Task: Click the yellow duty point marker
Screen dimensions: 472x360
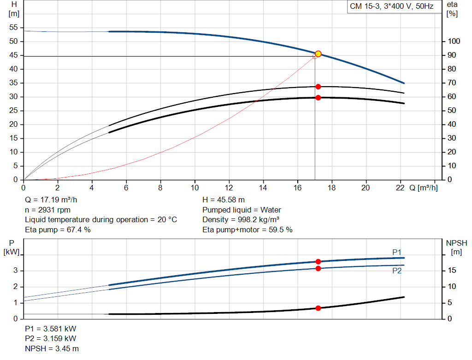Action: tap(318, 54)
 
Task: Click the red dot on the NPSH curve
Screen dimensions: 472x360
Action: tap(318, 308)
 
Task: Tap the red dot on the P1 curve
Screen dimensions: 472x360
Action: tap(318, 261)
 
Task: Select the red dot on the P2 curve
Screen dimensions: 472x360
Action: tap(318, 268)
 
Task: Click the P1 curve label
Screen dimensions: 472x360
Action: tap(397, 252)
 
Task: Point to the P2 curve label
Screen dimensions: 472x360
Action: tap(397, 271)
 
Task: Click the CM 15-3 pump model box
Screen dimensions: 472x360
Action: tap(392, 6)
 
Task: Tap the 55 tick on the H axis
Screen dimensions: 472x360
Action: tap(13, 27)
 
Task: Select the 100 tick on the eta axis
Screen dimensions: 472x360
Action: tap(454, 41)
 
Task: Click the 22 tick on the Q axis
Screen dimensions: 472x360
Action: tap(400, 188)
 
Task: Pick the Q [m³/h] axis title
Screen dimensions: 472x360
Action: tap(423, 188)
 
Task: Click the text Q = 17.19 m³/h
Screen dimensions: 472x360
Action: tap(51, 200)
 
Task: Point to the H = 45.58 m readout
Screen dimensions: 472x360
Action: tap(224, 200)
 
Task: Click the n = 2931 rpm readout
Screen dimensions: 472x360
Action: tap(47, 210)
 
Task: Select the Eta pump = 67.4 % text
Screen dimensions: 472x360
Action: tap(58, 230)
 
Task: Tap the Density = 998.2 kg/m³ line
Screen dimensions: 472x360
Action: tap(241, 220)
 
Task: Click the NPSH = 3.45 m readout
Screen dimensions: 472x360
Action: tap(52, 348)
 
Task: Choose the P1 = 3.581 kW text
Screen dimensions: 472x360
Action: tap(51, 329)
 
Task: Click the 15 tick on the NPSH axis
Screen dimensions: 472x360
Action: tap(452, 270)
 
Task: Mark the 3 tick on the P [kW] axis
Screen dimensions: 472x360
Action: tap(15, 271)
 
